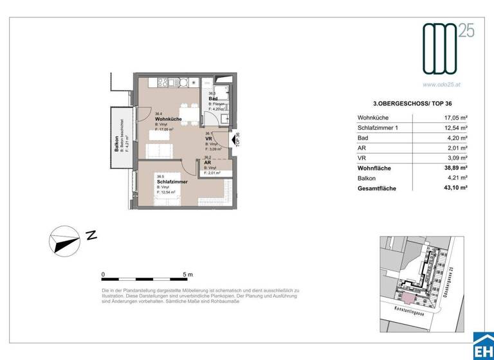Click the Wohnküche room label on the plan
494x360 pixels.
[167, 120]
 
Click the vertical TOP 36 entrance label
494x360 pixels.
[237, 139]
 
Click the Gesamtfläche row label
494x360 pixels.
[378, 188]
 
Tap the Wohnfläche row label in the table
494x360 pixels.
[375, 168]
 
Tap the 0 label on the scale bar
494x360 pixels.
[104, 274]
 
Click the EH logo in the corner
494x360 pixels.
[482, 348]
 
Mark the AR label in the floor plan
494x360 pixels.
[208, 163]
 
